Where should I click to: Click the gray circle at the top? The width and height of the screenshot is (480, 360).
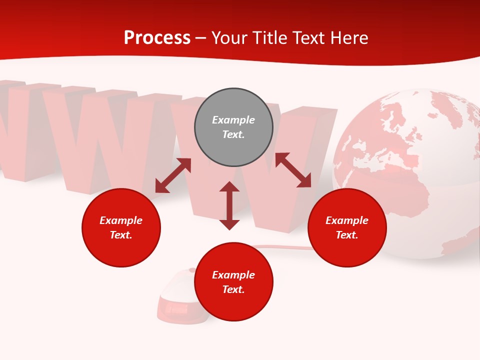(x=233, y=127)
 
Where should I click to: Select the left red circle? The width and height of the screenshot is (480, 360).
(x=121, y=227)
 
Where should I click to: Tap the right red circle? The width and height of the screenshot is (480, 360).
(x=347, y=227)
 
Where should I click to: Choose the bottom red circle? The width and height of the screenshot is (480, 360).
(x=233, y=282)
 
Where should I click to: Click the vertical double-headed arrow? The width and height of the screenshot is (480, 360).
(x=229, y=205)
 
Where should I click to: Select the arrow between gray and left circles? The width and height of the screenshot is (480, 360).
(x=173, y=175)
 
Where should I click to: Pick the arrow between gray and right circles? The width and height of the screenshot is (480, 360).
(x=293, y=170)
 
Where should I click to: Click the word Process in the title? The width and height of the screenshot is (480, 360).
(x=157, y=38)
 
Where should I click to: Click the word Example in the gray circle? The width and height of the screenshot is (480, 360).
(x=233, y=120)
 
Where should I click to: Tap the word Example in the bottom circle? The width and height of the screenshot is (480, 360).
(x=233, y=275)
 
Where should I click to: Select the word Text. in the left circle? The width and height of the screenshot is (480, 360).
(x=121, y=235)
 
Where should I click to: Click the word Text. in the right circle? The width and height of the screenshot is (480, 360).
(x=347, y=235)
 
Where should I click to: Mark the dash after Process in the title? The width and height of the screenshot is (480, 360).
(x=201, y=38)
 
